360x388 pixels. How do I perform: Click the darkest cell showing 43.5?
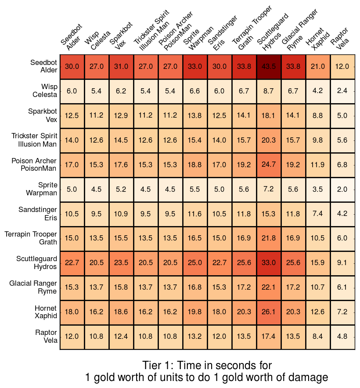[269, 67]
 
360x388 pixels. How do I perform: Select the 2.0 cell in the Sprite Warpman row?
[342, 190]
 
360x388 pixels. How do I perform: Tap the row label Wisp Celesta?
[44, 91]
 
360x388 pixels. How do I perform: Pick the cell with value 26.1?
[269, 313]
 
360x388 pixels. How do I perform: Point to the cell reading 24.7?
[269, 165]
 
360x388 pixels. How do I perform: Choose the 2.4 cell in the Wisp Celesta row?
[342, 91]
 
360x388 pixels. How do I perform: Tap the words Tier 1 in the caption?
[156, 366]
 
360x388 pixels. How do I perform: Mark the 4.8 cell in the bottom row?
[342, 337]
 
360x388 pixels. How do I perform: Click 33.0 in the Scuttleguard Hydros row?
[269, 263]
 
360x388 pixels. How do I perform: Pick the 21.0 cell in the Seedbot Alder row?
[318, 67]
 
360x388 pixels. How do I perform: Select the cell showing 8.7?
[269, 91]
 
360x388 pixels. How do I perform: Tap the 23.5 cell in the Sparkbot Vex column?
[121, 263]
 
